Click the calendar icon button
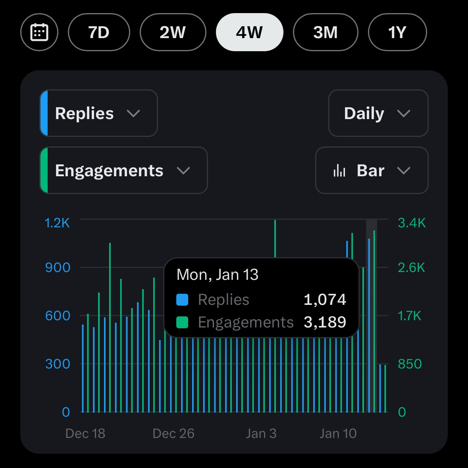tap(39, 32)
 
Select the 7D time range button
tap(99, 32)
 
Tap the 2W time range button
tap(173, 32)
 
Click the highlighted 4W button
tap(249, 32)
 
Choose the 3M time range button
tap(325, 32)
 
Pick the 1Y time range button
tap(397, 32)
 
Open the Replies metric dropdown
tap(98, 114)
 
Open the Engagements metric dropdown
tap(123, 171)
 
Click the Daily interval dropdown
tap(378, 114)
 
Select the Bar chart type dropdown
tap(372, 171)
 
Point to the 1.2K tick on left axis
tap(57, 223)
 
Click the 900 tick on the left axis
tap(58, 268)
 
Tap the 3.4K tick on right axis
tap(412, 223)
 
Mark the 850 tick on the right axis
tap(410, 364)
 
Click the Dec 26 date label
tap(173, 433)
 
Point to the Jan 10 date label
tap(338, 433)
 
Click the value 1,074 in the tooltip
tap(325, 300)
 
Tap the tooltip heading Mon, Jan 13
tap(217, 275)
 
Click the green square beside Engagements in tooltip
tap(182, 322)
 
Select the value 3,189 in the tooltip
tap(325, 322)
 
